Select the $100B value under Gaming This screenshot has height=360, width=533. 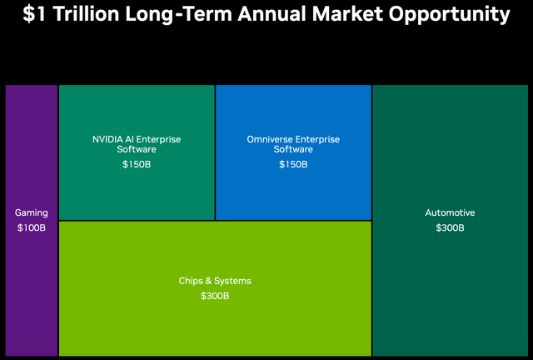[32, 227]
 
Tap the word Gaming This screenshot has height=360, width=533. [32, 213]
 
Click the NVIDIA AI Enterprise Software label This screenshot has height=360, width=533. [137, 144]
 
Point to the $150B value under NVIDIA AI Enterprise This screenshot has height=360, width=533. [137, 164]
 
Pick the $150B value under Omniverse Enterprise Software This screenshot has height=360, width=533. [293, 164]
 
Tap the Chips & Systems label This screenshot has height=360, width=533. [215, 281]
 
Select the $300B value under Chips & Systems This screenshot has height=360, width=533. [215, 296]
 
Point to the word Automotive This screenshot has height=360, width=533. [450, 213]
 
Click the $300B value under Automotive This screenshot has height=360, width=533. [450, 227]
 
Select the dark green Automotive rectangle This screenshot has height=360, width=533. [450, 292]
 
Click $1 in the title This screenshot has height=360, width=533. [35, 14]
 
